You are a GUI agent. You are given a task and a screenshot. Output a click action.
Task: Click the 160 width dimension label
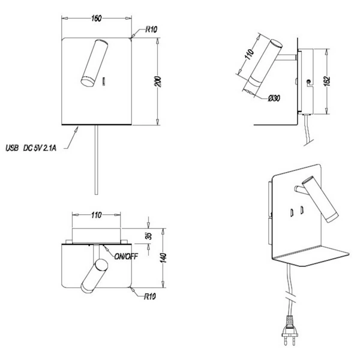(96, 19)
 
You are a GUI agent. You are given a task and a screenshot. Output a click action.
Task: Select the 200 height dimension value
(158, 82)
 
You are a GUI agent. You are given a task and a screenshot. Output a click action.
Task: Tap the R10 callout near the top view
(151, 29)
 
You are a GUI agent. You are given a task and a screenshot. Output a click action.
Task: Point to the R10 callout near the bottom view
(149, 296)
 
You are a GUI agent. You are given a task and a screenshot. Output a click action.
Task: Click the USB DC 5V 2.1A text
(31, 148)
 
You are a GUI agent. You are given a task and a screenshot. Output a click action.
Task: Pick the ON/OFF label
(126, 256)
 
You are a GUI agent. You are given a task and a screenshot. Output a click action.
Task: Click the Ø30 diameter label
(274, 98)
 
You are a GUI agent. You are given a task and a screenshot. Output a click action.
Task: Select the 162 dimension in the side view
(327, 81)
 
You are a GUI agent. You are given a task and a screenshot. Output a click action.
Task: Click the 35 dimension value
(149, 236)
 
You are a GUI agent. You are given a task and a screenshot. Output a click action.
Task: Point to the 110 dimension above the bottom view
(97, 215)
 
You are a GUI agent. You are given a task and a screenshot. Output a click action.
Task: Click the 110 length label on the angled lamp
(250, 55)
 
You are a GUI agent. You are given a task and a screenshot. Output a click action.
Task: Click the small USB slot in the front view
(104, 81)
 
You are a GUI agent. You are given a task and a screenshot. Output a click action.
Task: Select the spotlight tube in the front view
(94, 64)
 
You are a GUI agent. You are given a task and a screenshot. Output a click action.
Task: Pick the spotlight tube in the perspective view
(320, 199)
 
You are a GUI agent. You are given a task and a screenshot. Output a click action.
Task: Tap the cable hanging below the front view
(97, 160)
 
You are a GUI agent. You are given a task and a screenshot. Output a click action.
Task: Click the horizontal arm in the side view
(287, 58)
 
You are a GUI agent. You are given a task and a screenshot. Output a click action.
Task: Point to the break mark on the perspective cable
(291, 298)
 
